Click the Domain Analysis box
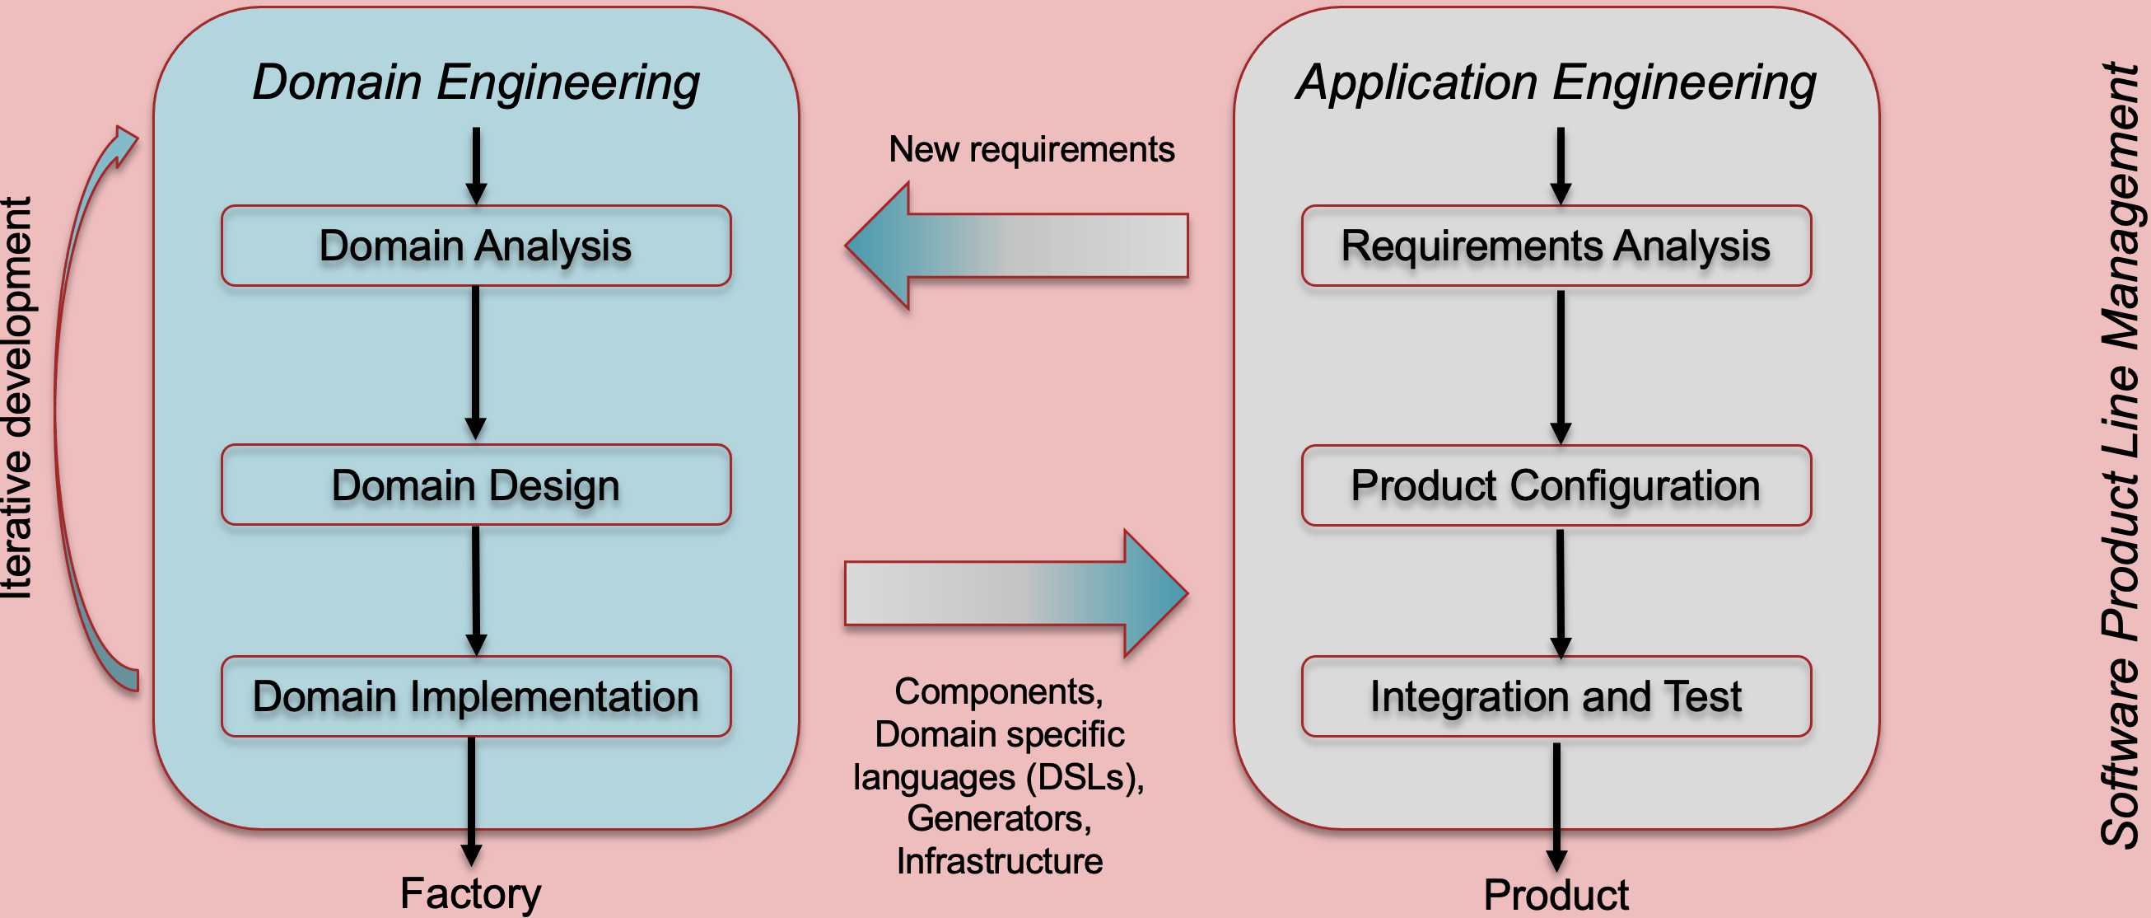(476, 246)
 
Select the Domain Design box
(476, 485)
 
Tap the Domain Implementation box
(476, 696)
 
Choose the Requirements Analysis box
(1556, 246)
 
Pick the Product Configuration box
(1556, 485)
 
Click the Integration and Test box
(1556, 696)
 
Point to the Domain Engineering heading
(476, 83)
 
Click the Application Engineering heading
(1556, 83)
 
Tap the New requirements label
(1032, 149)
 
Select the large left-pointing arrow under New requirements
(1017, 246)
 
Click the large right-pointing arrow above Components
(1017, 593)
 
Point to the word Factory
(471, 894)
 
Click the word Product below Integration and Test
(1556, 896)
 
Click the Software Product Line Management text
(2120, 455)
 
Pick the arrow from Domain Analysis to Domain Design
(476, 363)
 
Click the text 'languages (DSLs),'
(1000, 778)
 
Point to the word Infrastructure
(1000, 861)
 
